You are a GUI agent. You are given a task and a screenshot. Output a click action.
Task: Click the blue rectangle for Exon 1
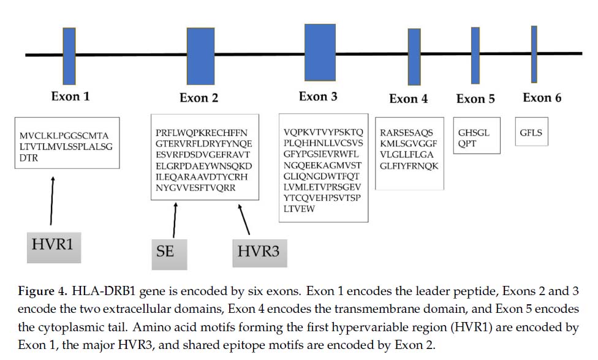(69, 56)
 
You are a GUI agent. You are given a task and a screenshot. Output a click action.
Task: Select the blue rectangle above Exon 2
(200, 56)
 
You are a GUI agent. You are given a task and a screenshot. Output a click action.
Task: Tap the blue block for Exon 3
(320, 53)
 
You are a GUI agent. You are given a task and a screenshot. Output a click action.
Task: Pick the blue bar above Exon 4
(414, 57)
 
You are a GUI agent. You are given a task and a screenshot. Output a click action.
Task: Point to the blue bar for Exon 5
(475, 56)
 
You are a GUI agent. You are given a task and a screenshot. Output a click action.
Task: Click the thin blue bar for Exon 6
(534, 54)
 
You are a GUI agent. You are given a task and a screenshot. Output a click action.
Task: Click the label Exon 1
(70, 96)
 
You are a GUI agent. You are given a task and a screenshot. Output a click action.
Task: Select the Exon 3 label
(318, 96)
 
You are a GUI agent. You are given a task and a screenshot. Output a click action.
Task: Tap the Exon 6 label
(542, 97)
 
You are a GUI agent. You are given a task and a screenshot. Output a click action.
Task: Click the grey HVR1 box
(54, 247)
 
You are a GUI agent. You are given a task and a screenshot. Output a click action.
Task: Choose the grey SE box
(169, 255)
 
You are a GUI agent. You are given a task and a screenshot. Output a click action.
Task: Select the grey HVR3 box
(260, 253)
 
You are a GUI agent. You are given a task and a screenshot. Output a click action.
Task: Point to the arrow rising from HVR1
(52, 201)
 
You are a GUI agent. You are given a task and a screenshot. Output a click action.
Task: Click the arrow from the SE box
(175, 220)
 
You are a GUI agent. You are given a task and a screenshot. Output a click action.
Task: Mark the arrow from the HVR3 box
(244, 219)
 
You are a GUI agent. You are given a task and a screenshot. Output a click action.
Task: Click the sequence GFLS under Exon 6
(531, 133)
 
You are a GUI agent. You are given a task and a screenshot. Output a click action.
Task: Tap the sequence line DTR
(29, 158)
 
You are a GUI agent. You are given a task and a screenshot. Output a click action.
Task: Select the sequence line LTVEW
(299, 209)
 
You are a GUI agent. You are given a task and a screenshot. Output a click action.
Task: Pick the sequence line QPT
(467, 144)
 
